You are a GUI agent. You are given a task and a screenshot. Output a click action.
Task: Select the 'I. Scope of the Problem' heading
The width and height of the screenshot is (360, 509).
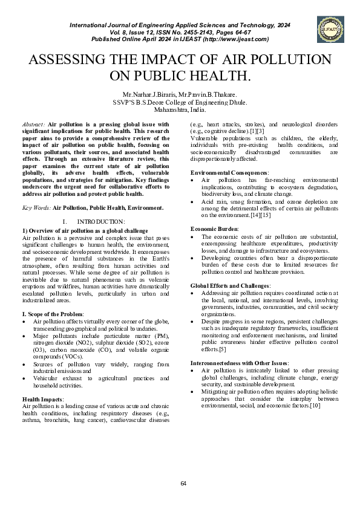[53, 314]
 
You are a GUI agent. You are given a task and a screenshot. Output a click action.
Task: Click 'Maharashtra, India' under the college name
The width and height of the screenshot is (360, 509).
[180, 110]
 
